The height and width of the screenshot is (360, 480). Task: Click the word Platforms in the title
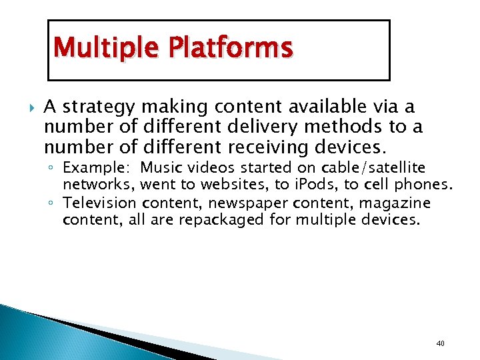click(230, 49)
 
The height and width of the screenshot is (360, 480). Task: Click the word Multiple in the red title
click(107, 49)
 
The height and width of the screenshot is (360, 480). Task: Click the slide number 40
click(439, 343)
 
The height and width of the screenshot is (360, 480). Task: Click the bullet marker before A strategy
click(28, 107)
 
